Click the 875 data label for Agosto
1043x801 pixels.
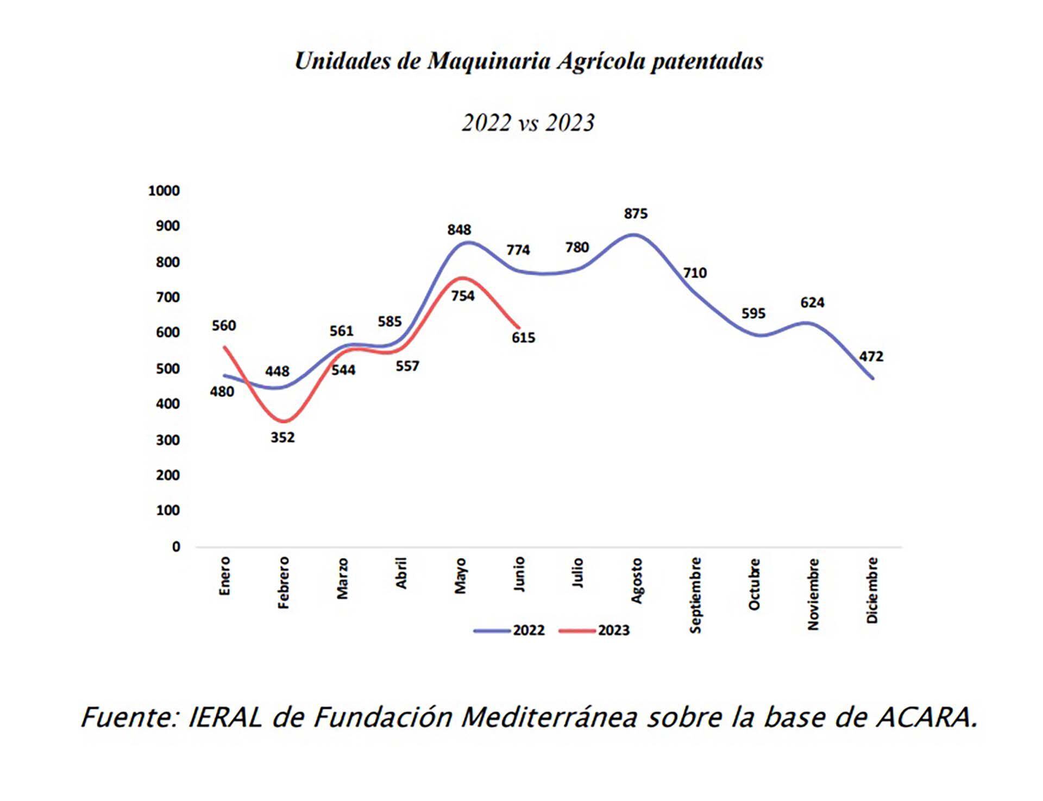pos(636,214)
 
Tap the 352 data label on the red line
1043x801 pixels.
pos(282,437)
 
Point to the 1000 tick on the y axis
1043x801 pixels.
pos(164,191)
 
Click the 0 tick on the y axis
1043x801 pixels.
pos(176,547)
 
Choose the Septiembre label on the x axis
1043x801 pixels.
pos(695,595)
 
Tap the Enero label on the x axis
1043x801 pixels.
pos(225,576)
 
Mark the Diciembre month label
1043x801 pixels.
pos(872,590)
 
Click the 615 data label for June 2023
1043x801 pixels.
pos(523,338)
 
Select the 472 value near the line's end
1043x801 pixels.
pos(871,357)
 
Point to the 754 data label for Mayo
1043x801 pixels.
pos(463,296)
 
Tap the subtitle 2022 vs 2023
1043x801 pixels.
pos(529,123)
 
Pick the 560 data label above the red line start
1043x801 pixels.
pos(224,326)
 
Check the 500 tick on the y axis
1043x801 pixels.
pos(167,369)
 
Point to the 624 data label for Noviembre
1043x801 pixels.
pos(812,302)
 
